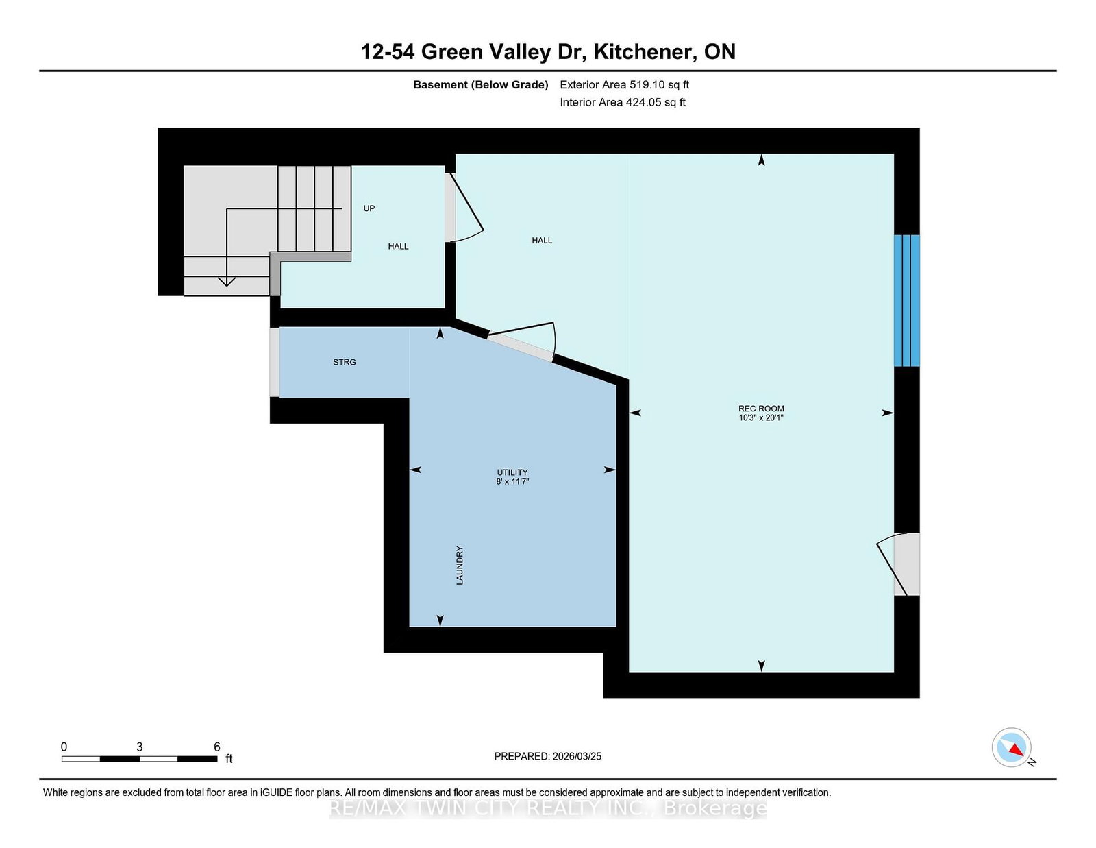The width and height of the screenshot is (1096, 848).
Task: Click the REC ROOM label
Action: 761,409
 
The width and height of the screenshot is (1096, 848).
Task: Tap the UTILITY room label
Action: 512,472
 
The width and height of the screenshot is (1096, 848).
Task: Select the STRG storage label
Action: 345,362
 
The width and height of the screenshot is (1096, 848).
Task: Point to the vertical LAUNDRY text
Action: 460,566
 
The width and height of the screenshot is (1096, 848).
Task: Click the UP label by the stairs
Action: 369,208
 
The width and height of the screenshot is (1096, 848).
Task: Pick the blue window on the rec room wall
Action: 907,300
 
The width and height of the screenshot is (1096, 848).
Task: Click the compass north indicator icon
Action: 1012,748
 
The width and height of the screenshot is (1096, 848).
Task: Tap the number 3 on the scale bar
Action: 139,747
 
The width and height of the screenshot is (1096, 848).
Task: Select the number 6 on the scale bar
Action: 217,747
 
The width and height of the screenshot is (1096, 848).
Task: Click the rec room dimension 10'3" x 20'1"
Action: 761,417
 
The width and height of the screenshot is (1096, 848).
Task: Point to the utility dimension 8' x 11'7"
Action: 512,481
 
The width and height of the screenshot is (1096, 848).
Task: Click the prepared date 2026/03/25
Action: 577,756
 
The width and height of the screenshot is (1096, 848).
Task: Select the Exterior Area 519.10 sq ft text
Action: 625,85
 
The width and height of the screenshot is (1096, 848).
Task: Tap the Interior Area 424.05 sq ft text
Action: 623,102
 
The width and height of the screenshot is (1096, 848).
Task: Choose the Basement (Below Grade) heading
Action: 481,85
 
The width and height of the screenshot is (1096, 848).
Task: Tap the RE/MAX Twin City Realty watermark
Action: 548,808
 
